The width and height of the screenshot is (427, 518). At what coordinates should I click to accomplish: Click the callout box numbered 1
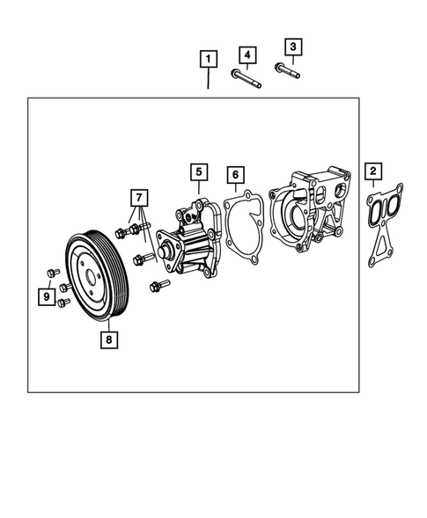pyautogui.click(x=208, y=60)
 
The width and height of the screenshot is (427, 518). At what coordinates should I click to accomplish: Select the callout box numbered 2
pyautogui.click(x=374, y=170)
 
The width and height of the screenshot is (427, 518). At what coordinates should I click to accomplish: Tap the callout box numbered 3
pyautogui.click(x=294, y=47)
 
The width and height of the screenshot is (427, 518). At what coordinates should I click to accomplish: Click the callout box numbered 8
pyautogui.click(x=108, y=334)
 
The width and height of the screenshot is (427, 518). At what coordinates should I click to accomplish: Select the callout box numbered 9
pyautogui.click(x=44, y=296)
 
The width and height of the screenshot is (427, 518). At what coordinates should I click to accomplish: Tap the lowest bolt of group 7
pyautogui.click(x=159, y=285)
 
